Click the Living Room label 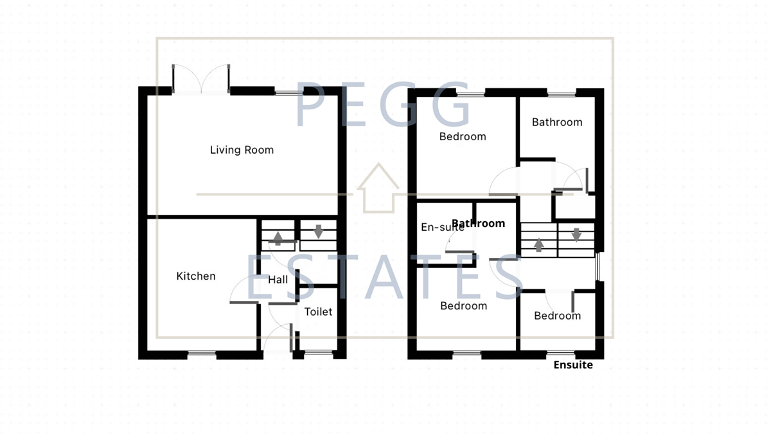tap(242, 150)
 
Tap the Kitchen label tap(196, 276)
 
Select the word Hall tap(278, 280)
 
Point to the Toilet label tap(318, 312)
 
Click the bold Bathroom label tap(479, 224)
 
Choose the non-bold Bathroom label tap(557, 122)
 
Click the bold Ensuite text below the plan tap(573, 365)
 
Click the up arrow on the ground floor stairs tap(278, 239)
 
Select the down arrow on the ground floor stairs tap(318, 231)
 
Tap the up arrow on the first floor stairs tap(538, 245)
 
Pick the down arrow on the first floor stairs tap(576, 234)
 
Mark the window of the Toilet tap(318, 352)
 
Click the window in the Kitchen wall tap(202, 353)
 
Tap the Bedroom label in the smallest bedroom tap(557, 316)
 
